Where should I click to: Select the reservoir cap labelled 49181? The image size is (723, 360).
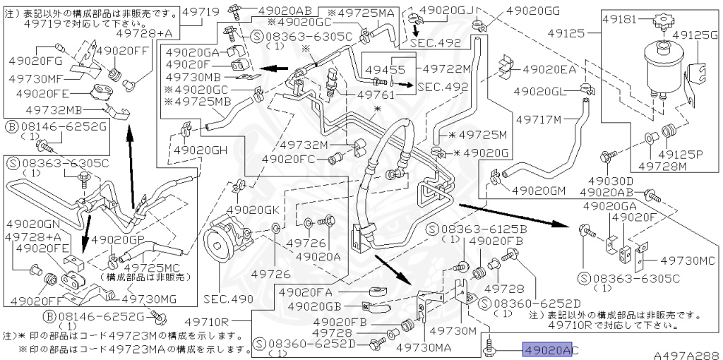coord(663,23)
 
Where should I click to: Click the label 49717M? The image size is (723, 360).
coord(537,119)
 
